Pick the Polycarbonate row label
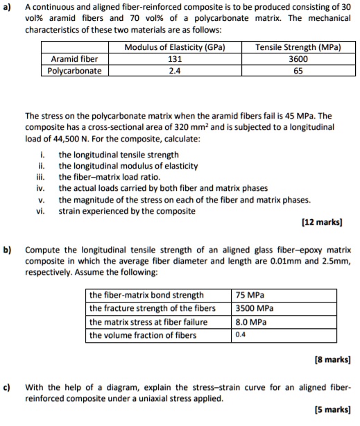[x=75, y=71]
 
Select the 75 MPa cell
[x=249, y=295]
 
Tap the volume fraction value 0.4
[x=241, y=336]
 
